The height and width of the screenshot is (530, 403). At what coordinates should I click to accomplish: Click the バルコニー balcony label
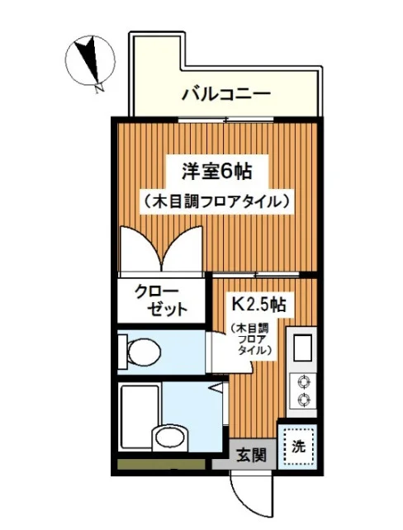tap(226, 93)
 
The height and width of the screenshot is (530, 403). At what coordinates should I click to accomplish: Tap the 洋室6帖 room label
tap(216, 171)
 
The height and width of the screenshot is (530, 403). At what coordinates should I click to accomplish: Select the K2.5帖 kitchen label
tap(258, 304)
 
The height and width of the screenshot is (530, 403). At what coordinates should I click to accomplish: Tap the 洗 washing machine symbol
tap(299, 447)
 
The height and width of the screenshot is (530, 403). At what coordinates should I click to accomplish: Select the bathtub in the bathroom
tap(140, 417)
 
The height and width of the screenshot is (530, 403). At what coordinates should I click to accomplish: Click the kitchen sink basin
tap(302, 348)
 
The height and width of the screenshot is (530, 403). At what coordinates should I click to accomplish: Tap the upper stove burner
tap(302, 381)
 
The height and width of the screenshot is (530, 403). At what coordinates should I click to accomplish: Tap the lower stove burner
tap(302, 400)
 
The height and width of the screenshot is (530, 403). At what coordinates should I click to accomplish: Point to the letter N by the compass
tap(99, 88)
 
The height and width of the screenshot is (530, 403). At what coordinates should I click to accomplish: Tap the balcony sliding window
tap(225, 120)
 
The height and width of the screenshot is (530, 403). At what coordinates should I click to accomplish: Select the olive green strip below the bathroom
tap(161, 464)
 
